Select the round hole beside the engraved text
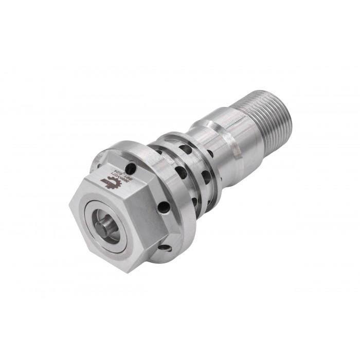[132, 168]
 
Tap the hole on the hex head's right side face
[164, 207]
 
